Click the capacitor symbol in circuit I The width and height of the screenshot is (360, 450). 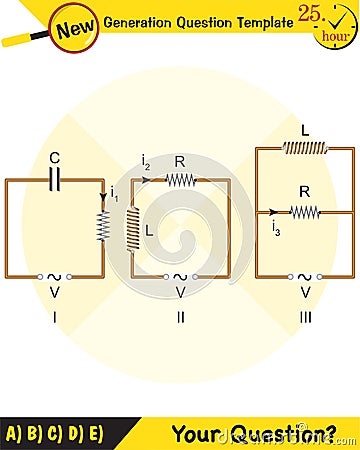pyautogui.click(x=56, y=179)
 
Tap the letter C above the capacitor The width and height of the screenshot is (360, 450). pyautogui.click(x=56, y=157)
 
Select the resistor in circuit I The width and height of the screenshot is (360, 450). pyautogui.click(x=102, y=226)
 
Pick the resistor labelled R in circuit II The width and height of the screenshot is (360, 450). pyautogui.click(x=180, y=180)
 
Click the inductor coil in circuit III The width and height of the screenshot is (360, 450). pyautogui.click(x=305, y=148)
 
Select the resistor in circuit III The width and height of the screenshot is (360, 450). pyautogui.click(x=305, y=212)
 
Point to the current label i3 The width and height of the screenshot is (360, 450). pyautogui.click(x=275, y=228)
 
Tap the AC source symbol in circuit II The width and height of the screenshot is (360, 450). pyautogui.click(x=180, y=277)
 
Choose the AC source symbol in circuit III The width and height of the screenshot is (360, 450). pyautogui.click(x=305, y=277)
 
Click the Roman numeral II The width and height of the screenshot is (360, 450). pyautogui.click(x=180, y=317)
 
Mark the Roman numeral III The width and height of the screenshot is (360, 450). pyautogui.click(x=305, y=317)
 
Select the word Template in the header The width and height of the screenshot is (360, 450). pyautogui.click(x=258, y=23)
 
